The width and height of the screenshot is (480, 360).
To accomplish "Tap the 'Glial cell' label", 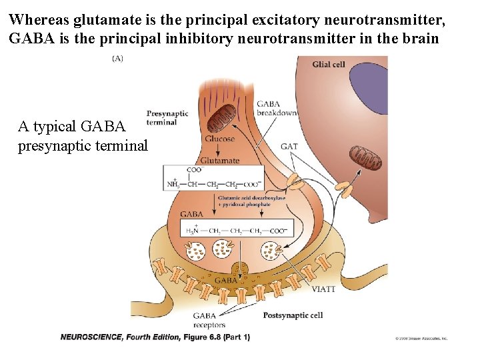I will coord(329,64).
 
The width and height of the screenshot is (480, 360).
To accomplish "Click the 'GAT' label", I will coord(289,147).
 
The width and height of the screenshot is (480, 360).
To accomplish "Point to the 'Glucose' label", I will coord(219,139).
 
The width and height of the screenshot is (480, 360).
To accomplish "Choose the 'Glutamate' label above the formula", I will coord(219,161).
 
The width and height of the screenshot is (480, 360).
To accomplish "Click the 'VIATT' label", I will coord(324,289).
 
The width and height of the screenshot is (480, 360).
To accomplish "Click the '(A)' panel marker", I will coord(117,59).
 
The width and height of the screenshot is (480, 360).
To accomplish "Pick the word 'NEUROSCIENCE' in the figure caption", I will coord(91,337).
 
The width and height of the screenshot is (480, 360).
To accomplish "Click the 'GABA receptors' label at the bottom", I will coord(209,321).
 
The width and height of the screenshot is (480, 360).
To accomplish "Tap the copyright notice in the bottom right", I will coord(421,339).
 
